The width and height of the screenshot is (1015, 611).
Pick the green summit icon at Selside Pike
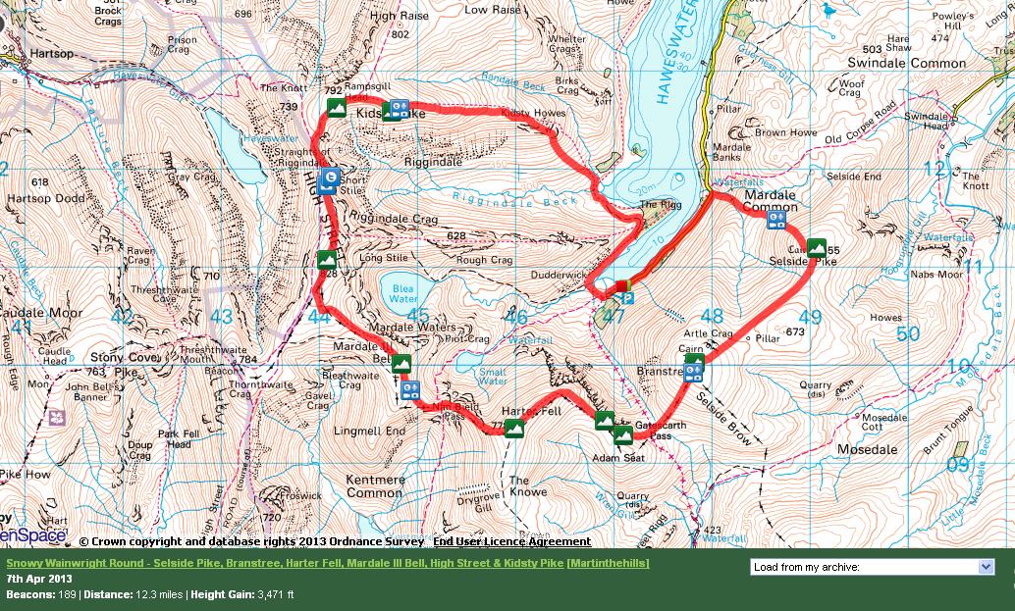(817, 248)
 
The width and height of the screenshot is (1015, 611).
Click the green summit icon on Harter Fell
(513, 428)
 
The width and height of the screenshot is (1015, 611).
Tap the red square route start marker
(621, 285)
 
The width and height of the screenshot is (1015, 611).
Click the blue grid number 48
(712, 317)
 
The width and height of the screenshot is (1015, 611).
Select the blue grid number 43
(222, 317)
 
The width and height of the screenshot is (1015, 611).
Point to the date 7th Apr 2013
(39, 579)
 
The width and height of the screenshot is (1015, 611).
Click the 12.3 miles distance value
(151, 594)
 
